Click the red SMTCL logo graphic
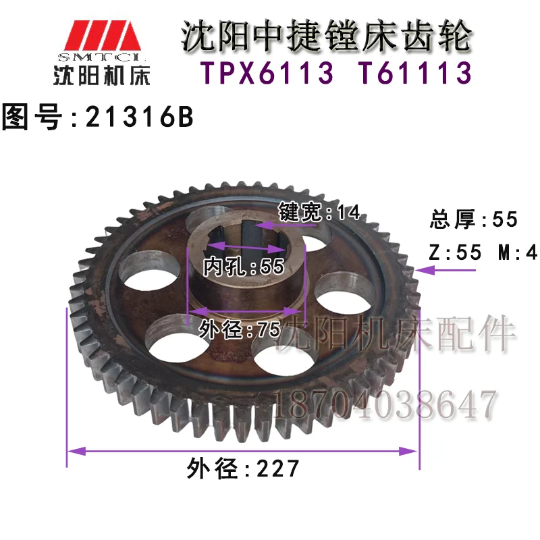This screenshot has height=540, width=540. [x=103, y=36]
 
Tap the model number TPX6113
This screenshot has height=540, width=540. [x=267, y=73]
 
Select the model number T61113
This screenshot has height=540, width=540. [x=412, y=73]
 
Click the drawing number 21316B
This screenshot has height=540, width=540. [x=140, y=117]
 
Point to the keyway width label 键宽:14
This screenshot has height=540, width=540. [x=319, y=212]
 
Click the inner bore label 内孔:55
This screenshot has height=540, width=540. [x=244, y=266]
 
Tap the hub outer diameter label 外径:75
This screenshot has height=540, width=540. [x=240, y=329]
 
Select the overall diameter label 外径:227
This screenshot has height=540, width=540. [x=243, y=468]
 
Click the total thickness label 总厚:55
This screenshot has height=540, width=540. [x=474, y=219]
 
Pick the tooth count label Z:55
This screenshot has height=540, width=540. [x=455, y=252]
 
